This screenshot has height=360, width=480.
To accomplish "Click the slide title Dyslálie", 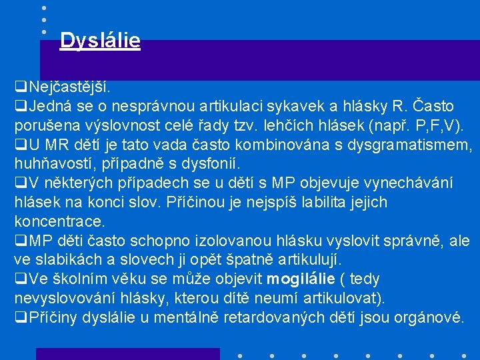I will pos(100,41).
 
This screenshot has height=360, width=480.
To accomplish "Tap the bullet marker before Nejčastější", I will pos(20,87).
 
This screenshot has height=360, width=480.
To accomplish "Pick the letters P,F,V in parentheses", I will pos(433,126).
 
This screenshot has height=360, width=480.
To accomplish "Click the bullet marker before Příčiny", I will pos(20,317).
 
